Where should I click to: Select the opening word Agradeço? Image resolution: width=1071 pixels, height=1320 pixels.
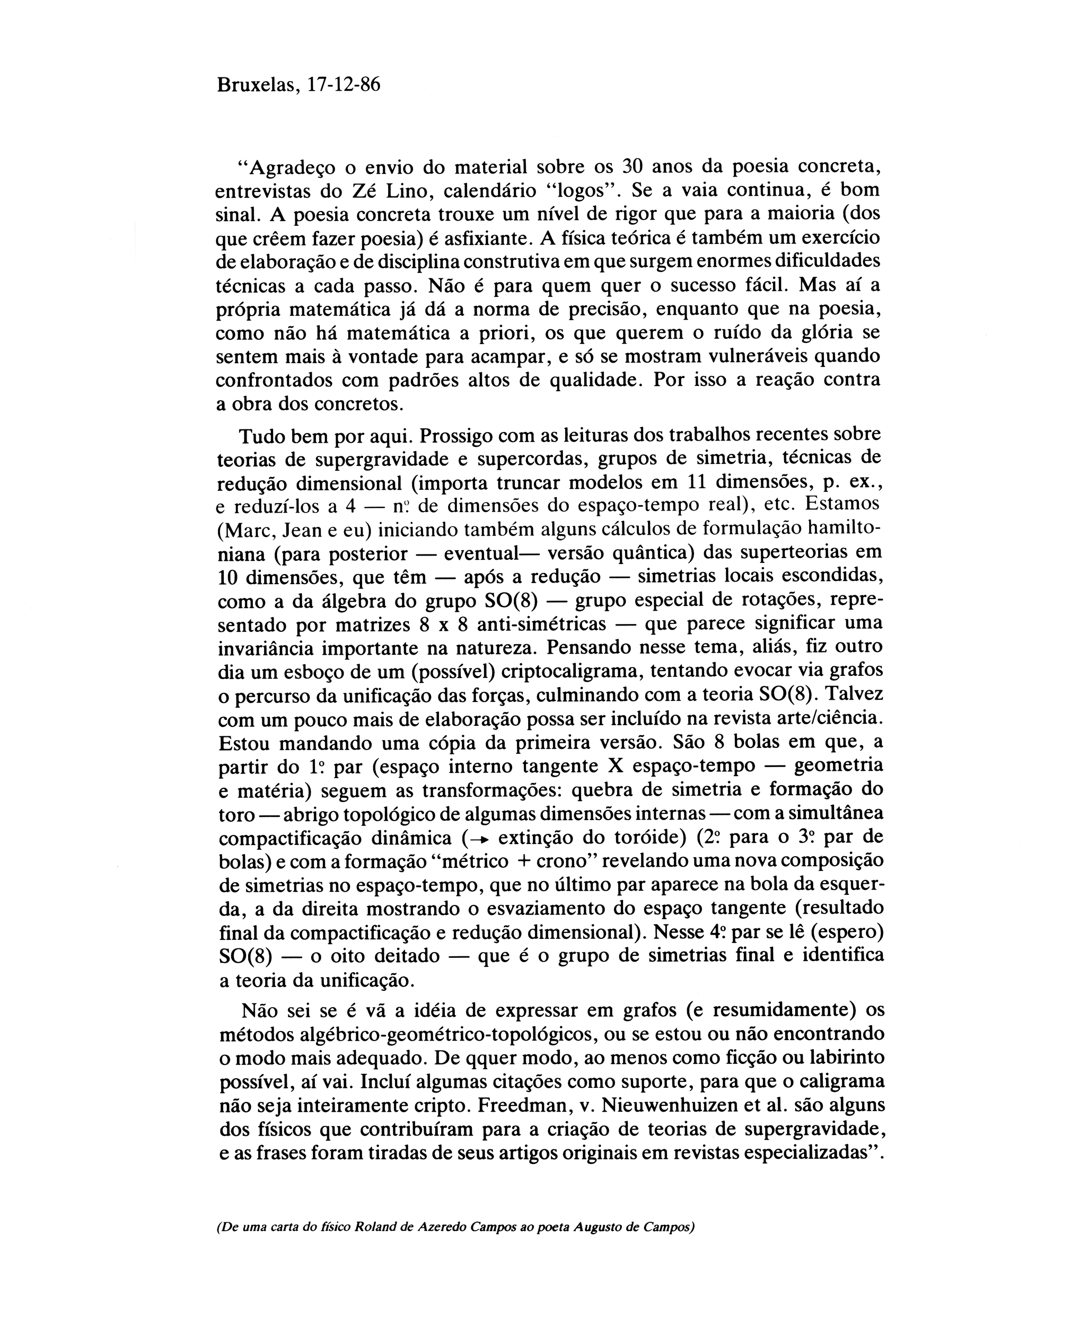pyautogui.click(x=287, y=168)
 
